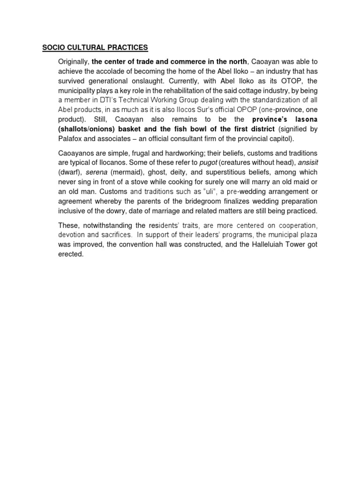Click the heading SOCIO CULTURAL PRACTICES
95,47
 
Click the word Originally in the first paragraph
73,61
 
